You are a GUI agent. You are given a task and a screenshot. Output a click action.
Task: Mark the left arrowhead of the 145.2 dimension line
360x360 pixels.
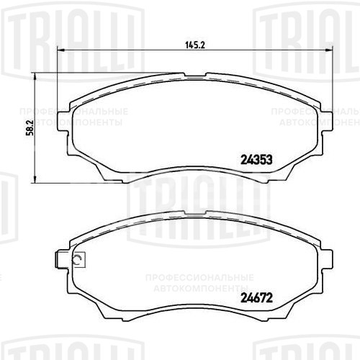pos(59,50)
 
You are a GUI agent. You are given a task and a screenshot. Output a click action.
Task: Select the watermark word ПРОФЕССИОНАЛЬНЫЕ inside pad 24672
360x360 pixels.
pos(199,276)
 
